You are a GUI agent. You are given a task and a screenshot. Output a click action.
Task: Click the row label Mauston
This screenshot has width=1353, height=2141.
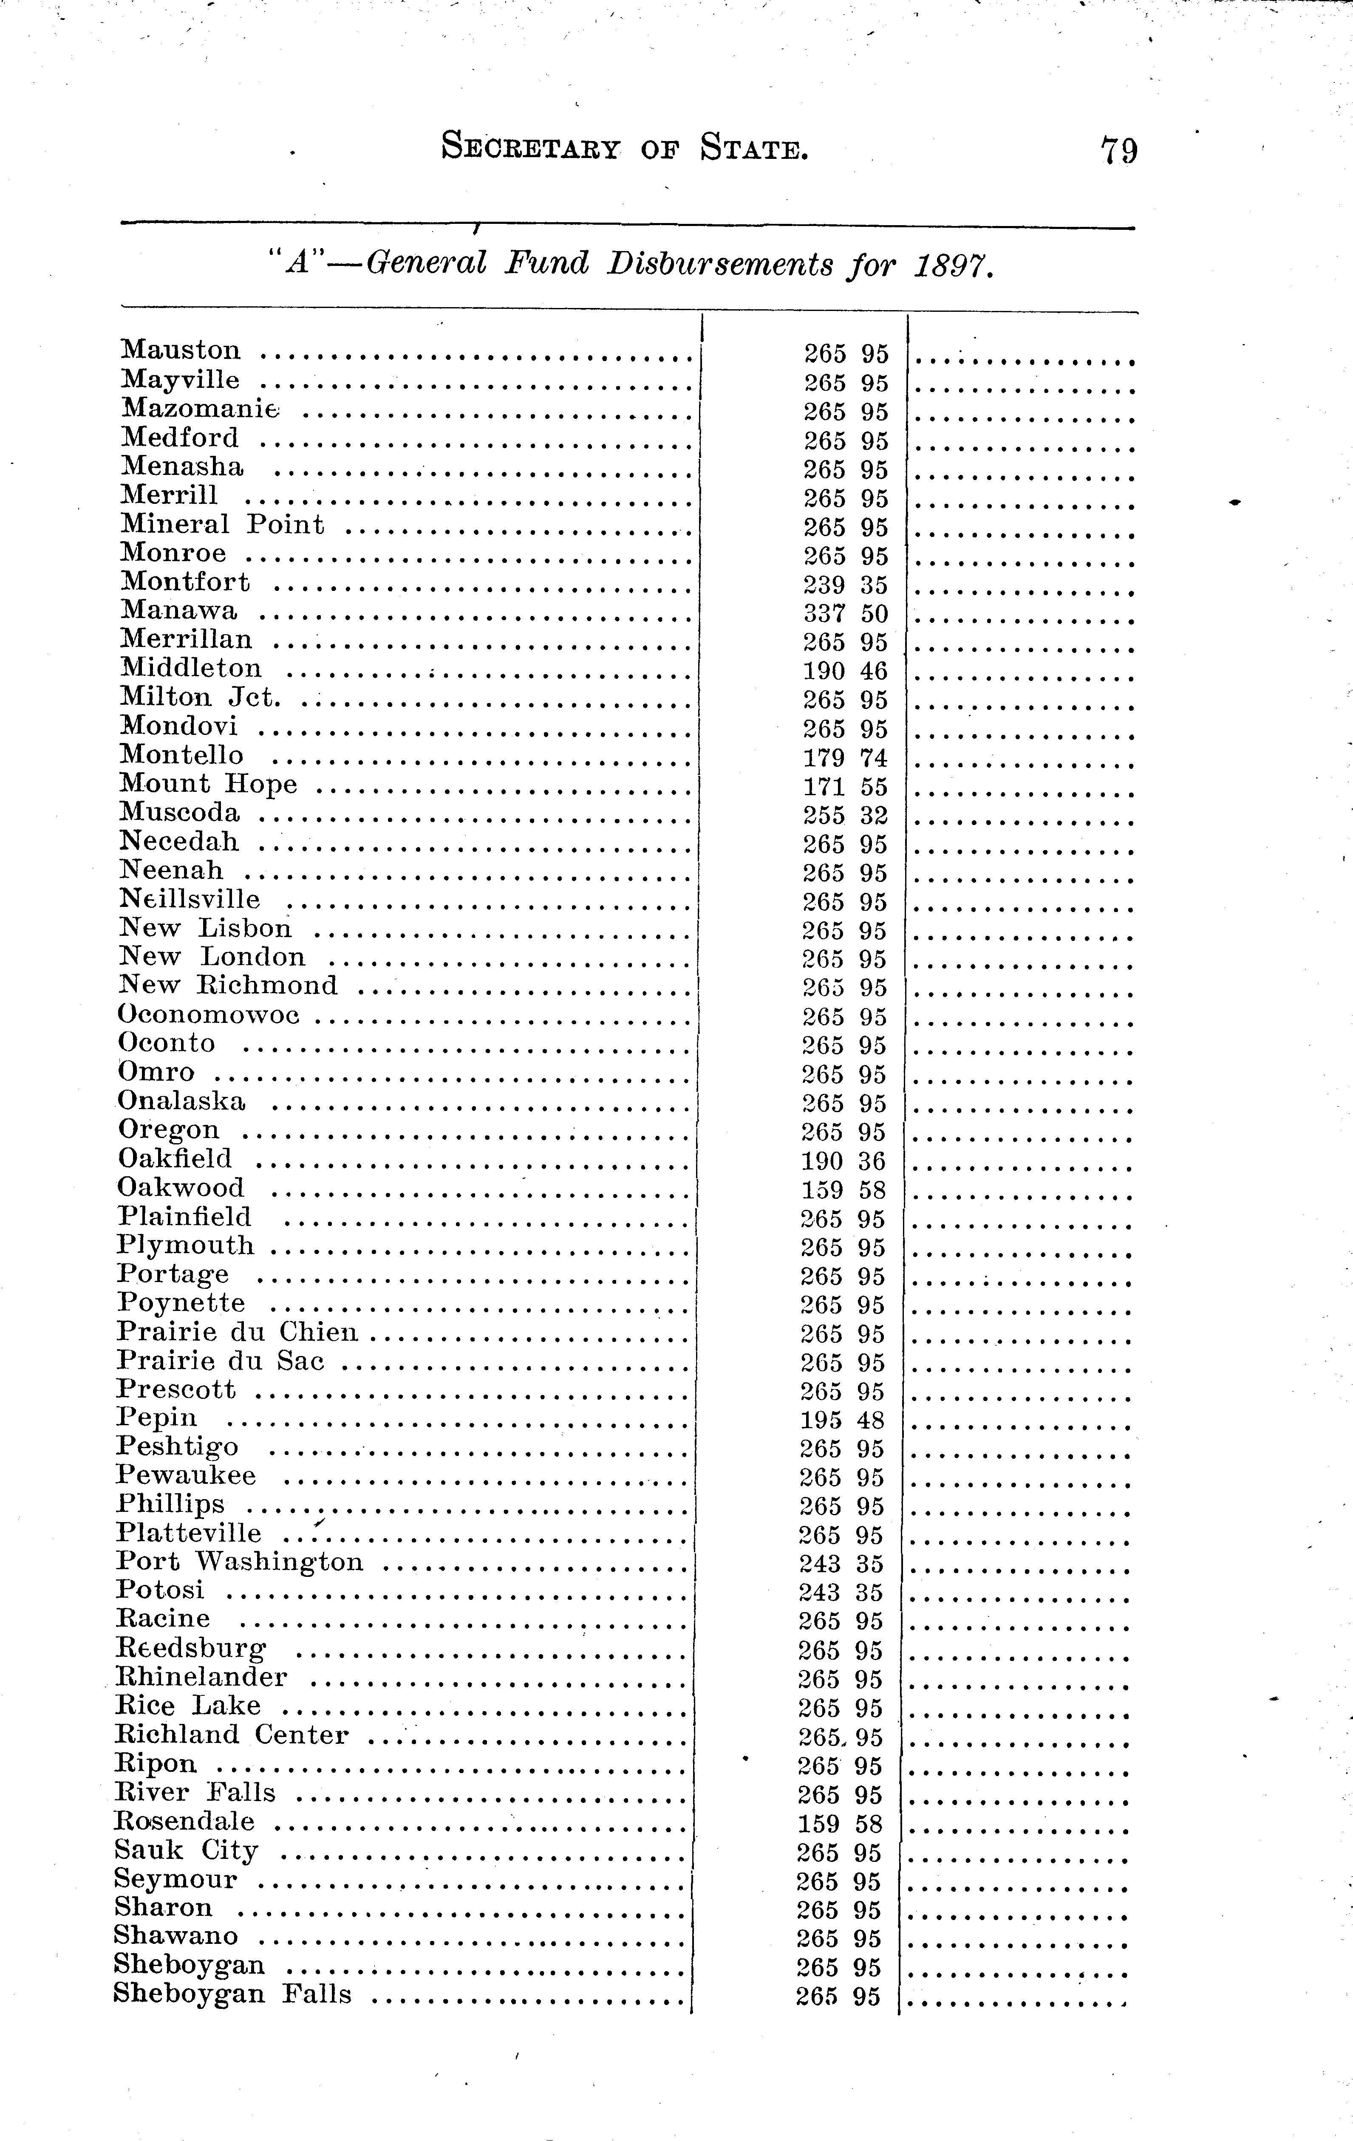(x=181, y=350)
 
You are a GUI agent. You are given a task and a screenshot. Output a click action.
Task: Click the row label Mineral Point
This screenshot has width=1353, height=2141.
(x=222, y=525)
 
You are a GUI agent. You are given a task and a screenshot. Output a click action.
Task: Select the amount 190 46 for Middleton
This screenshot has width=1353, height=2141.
(x=845, y=671)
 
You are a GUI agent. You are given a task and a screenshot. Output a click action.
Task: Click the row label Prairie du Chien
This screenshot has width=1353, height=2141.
(x=238, y=1332)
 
